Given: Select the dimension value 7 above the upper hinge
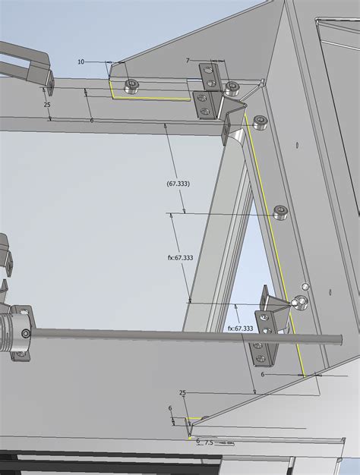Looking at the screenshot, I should (188, 60).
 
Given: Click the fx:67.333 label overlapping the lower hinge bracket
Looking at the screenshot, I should (240, 328).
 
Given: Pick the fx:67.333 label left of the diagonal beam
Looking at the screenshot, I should (180, 257).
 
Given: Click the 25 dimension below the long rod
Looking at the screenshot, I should (182, 393).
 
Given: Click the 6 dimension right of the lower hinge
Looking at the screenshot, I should (263, 374).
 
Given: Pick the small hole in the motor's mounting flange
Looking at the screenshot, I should (27, 333).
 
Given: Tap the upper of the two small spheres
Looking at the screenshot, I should (305, 287).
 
